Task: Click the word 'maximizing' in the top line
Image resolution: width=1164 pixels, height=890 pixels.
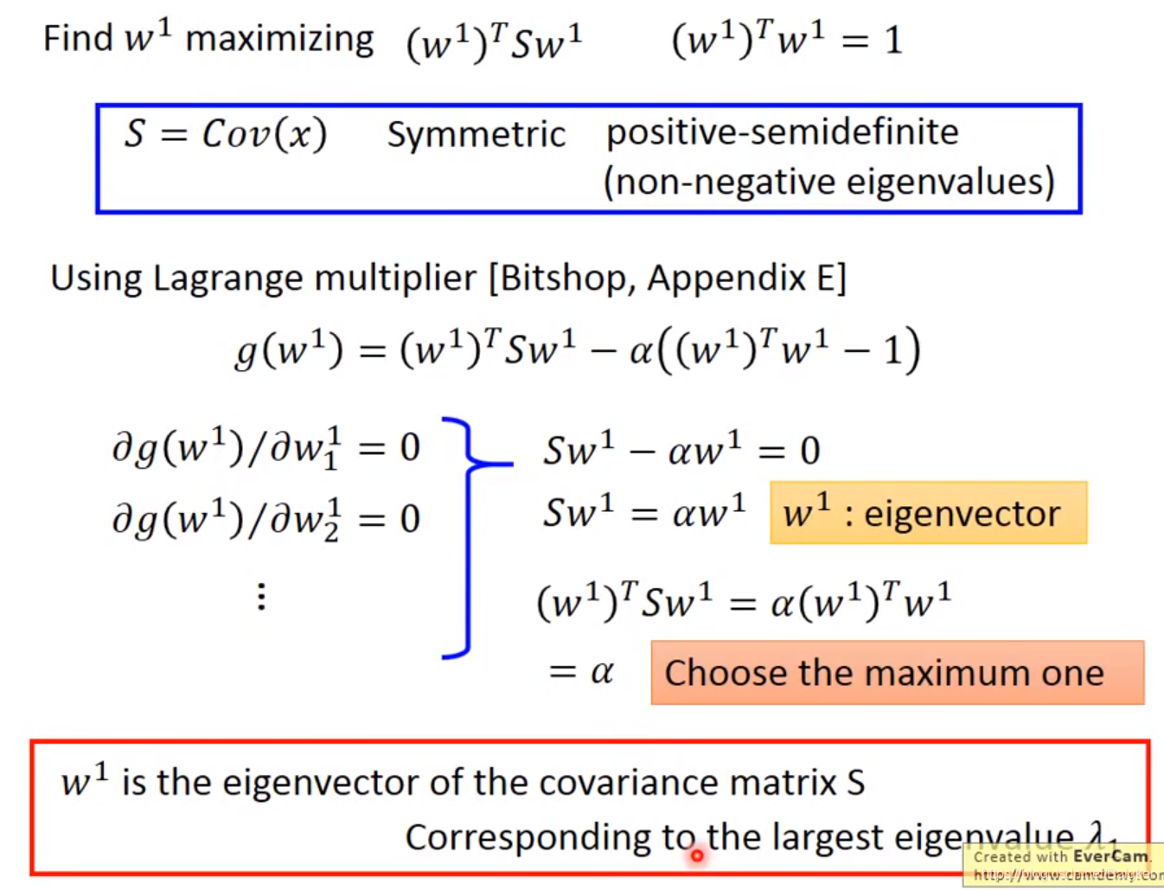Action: [279, 39]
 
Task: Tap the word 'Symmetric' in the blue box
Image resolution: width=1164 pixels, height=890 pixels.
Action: [476, 134]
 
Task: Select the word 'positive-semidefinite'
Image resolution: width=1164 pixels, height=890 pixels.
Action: [782, 131]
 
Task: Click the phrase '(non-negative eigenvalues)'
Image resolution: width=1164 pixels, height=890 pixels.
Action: [828, 182]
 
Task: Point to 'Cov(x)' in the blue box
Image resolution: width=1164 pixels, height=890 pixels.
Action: [265, 134]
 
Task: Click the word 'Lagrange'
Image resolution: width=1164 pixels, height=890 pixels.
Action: [228, 279]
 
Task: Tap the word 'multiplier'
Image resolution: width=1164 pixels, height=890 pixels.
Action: [395, 279]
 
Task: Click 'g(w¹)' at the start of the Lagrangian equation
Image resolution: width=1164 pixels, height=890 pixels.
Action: [289, 350]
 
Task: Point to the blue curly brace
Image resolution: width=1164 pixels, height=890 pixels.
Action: [471, 536]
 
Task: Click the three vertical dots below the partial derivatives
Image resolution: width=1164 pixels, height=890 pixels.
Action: [261, 596]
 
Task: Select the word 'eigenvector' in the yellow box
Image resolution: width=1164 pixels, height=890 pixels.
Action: [962, 514]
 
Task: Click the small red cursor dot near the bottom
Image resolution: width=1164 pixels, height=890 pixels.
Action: [696, 855]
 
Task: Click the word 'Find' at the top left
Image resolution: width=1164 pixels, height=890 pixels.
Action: [78, 39]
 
